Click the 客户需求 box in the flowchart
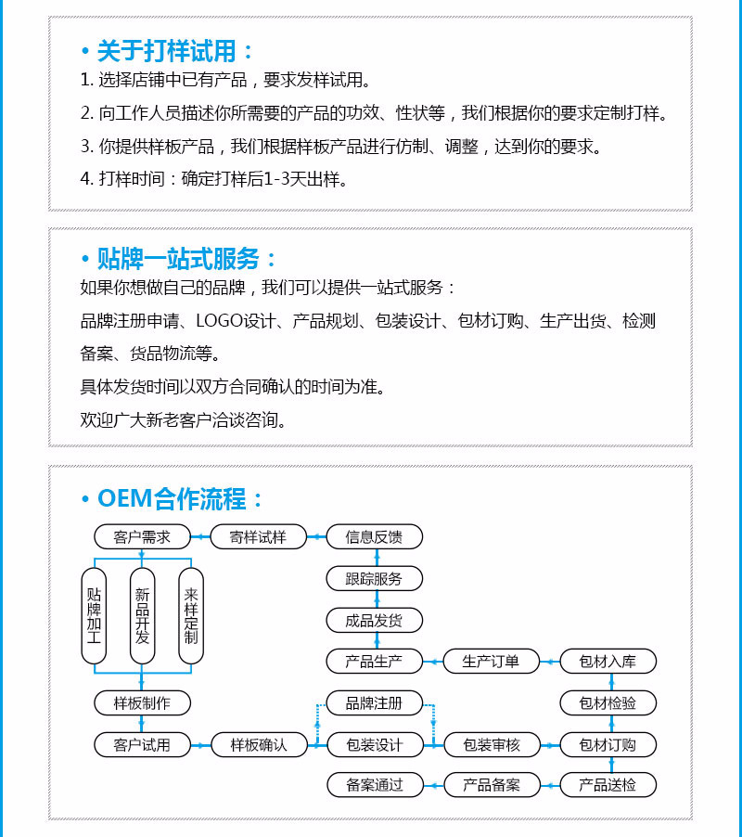(142, 536)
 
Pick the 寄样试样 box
(259, 536)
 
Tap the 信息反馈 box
(374, 536)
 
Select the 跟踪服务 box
(374, 579)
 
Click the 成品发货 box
(374, 621)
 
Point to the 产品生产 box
(374, 662)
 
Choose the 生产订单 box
(491, 662)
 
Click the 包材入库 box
(608, 662)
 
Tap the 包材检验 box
(608, 702)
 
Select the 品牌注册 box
(374, 702)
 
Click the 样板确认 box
(259, 744)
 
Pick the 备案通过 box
(374, 785)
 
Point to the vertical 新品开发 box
(142, 615)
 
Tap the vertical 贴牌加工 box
(94, 615)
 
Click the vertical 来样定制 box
(191, 615)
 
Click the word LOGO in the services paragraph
(218, 322)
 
